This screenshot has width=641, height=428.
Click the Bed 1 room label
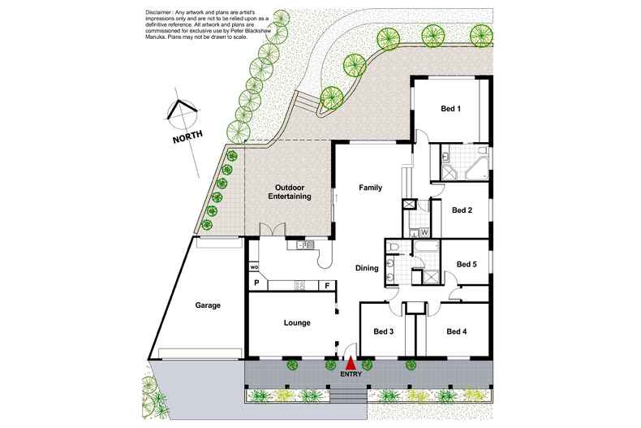tap(450, 109)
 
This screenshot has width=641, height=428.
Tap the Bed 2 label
tap(462, 210)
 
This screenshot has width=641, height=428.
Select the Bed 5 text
tap(467, 263)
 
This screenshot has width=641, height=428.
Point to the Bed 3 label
tap(384, 331)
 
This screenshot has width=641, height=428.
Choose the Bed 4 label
tap(457, 331)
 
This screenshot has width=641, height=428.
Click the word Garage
tap(208, 305)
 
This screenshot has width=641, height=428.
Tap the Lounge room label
tap(297, 323)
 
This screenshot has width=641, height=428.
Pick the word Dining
tap(368, 268)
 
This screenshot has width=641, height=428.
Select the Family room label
tap(370, 188)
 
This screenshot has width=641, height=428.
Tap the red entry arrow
tap(351, 365)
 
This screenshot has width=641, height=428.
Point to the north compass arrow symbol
tap(180, 110)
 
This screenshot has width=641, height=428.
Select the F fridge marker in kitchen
tap(327, 284)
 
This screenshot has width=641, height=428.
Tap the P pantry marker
tap(256, 283)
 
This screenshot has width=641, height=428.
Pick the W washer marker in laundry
tap(424, 232)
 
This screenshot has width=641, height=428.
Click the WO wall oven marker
tap(254, 267)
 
